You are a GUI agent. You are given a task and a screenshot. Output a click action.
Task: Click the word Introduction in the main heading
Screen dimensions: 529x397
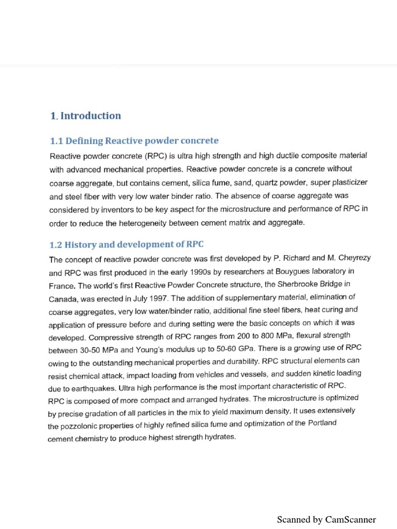[x=90, y=116]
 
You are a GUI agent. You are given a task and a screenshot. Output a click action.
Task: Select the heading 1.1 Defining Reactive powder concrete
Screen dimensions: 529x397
[x=134, y=141]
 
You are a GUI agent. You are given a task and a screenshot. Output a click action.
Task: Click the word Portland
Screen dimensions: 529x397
[x=321, y=423]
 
